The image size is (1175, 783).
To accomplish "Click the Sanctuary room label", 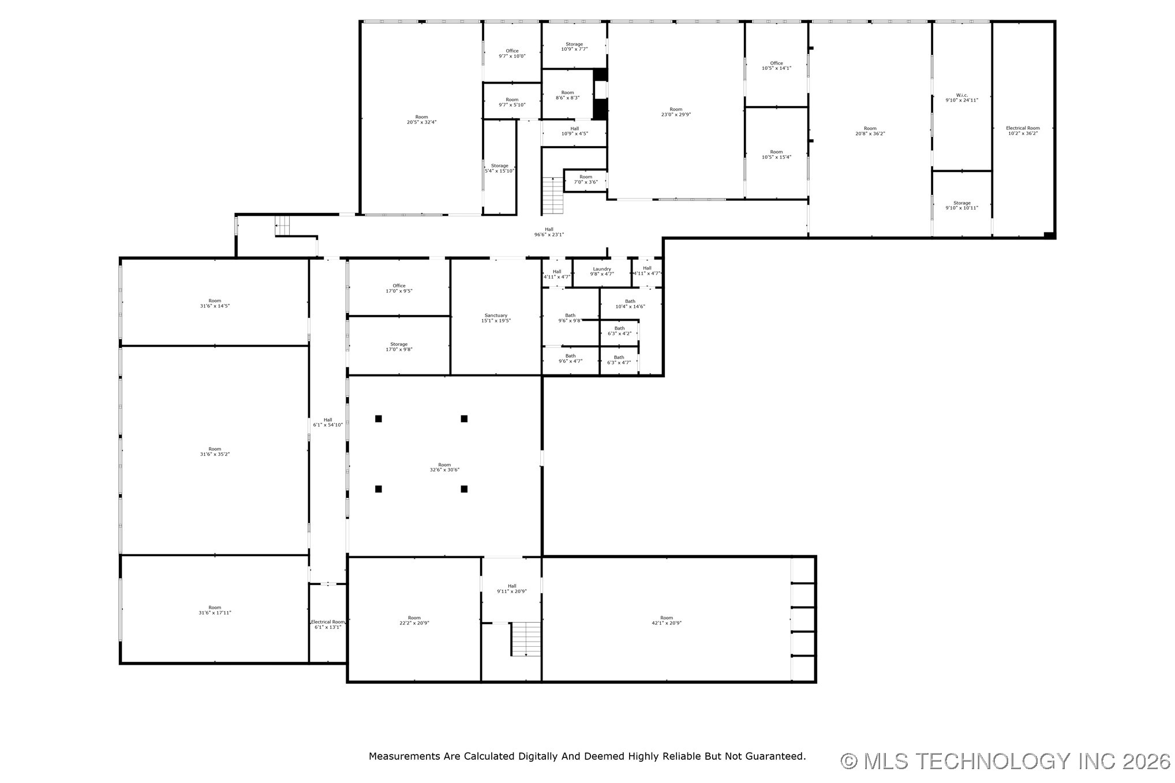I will [496, 318].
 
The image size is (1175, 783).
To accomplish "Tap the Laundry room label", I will [602, 271].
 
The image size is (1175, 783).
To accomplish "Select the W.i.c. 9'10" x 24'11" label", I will [961, 98].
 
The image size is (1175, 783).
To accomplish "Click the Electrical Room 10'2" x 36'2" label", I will [1023, 130].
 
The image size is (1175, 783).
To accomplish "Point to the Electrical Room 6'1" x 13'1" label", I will [328, 624].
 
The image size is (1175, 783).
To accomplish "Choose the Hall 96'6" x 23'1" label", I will [549, 231].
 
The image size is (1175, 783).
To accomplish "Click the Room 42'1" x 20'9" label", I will [667, 620].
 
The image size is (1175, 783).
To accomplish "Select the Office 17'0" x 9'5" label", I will [399, 288].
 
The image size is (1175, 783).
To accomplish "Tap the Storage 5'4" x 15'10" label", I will [499, 168].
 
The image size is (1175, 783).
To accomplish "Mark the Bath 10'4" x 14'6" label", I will [630, 304].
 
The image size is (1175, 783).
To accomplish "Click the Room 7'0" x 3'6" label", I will [586, 179].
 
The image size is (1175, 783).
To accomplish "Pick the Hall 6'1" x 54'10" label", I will [328, 422].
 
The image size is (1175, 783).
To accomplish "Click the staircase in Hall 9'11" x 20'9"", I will [526, 639].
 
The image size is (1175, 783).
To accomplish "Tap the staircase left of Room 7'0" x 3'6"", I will [552, 196].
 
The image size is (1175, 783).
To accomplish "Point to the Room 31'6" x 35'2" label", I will [215, 451].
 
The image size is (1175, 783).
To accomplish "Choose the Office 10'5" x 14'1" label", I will [776, 65].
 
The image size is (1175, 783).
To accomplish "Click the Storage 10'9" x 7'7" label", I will [574, 46].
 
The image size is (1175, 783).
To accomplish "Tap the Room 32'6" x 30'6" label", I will [444, 467].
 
